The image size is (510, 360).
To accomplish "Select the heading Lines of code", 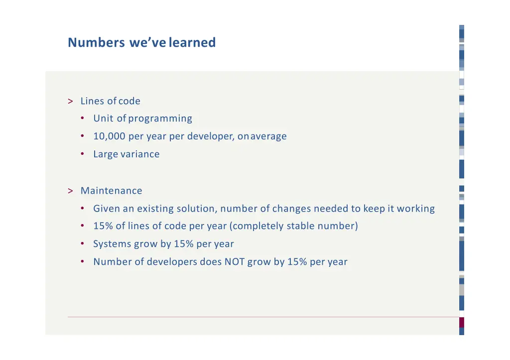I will tap(110, 101).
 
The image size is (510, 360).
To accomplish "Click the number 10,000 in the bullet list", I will tap(109, 136).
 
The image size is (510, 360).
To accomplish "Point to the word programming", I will tap(160, 119).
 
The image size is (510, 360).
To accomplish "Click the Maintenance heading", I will tap(111, 191).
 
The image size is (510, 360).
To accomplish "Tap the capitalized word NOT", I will tap(234, 262).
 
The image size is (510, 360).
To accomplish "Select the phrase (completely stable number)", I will tap(293, 226).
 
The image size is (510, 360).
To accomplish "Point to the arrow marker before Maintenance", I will tap(70, 191).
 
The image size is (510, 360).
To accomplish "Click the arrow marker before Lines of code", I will tap(70, 101).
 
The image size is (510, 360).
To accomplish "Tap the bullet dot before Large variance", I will tap(82, 154).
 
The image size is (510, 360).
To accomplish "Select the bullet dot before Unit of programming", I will tap(82, 119).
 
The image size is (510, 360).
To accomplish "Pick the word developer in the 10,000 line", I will tap(211, 136).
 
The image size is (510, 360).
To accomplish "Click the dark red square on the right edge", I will tap(462, 322).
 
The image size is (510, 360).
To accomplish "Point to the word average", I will tap(268, 136).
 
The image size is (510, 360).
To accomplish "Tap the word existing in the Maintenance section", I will tap(155, 209).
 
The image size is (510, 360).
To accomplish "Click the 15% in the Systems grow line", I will tap(183, 244).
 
